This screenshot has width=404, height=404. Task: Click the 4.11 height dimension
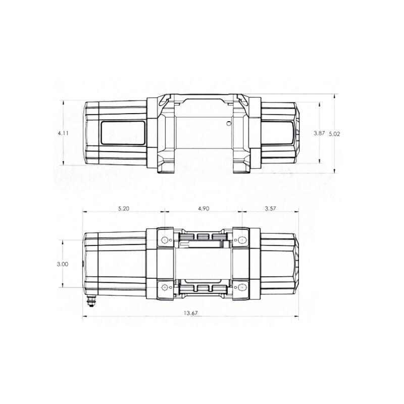[x=63, y=133]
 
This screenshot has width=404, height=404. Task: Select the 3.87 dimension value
[x=319, y=133]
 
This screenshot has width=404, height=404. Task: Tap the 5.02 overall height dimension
[x=334, y=134]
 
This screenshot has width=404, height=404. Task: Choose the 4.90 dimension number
[x=203, y=208]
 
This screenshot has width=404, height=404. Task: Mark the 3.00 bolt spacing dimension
[x=63, y=264]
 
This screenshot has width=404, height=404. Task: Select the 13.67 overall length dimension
[x=190, y=314]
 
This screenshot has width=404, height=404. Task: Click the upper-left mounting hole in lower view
[x=164, y=239]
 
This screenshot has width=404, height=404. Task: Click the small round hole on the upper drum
[x=229, y=123]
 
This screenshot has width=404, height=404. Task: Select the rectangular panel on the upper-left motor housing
[x=122, y=133]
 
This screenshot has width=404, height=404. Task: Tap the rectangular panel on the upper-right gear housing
[x=278, y=133]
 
